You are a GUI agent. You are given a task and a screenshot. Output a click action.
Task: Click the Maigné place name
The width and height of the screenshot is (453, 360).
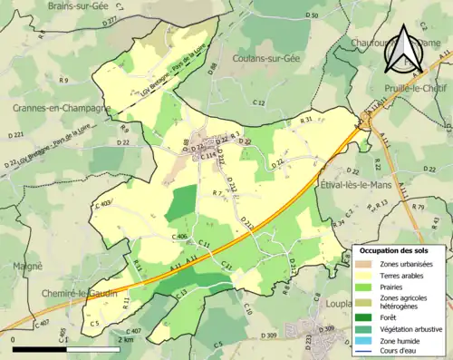27,266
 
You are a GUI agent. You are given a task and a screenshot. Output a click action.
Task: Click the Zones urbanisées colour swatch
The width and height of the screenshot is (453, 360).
366,264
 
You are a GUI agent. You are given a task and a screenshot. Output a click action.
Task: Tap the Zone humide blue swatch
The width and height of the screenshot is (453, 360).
366,342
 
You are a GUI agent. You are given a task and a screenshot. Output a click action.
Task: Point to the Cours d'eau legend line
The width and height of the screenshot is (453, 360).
366,353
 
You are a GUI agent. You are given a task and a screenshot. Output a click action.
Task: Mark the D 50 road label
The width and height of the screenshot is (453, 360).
313,15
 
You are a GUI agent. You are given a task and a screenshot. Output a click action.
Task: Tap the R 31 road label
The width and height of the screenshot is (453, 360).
306,119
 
